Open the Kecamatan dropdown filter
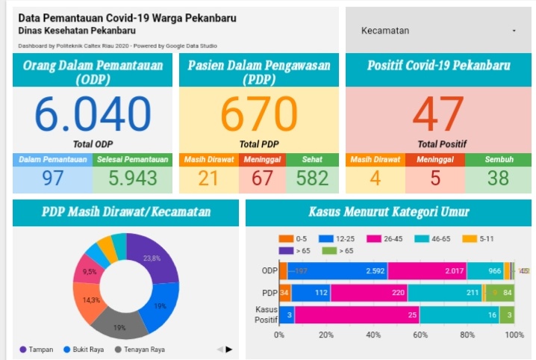click(x=437, y=31)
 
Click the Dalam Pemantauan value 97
click(x=52, y=178)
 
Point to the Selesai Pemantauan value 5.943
click(x=132, y=178)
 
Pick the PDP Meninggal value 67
click(x=262, y=178)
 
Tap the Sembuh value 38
click(x=499, y=178)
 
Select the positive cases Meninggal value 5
click(x=434, y=178)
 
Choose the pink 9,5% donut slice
click(x=90, y=270)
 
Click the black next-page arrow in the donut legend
click(x=229, y=349)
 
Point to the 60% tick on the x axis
click(x=420, y=335)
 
